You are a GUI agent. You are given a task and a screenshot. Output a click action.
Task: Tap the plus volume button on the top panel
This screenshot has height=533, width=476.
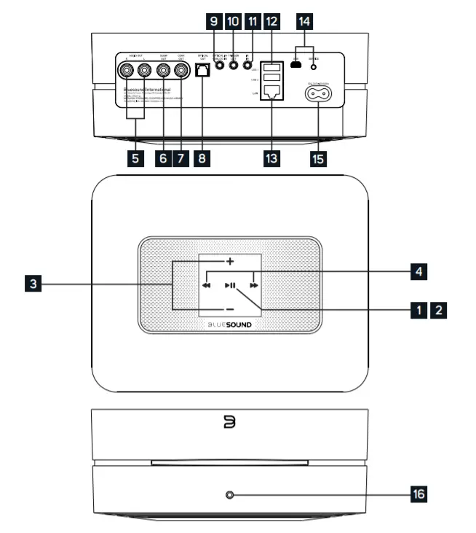pyautogui.click(x=229, y=261)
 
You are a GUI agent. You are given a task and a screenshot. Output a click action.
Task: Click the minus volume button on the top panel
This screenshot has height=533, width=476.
pyautogui.click(x=229, y=309)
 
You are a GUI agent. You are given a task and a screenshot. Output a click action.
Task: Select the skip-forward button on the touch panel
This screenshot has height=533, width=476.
pyautogui.click(x=253, y=286)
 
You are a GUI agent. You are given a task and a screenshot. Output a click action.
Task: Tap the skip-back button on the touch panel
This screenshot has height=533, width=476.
pyautogui.click(x=207, y=286)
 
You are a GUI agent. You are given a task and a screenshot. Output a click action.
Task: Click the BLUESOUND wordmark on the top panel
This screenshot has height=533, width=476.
pyautogui.click(x=230, y=329)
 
